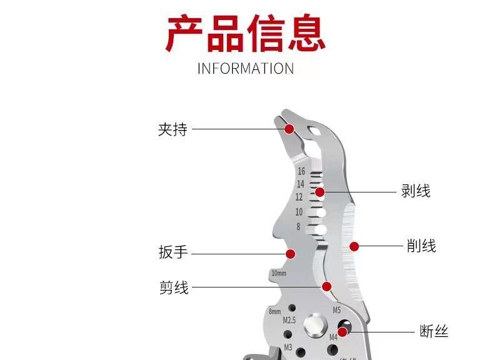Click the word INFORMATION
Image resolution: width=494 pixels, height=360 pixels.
point(246,68)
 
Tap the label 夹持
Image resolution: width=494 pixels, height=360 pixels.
point(173,129)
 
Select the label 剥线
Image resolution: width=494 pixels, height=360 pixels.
point(415,191)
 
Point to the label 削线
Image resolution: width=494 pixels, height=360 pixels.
point(421,246)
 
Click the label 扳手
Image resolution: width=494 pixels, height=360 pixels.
point(173,253)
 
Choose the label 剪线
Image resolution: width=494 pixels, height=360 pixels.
point(173,287)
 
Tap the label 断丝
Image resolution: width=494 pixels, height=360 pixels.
point(433,331)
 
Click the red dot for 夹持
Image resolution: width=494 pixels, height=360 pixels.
point(289,129)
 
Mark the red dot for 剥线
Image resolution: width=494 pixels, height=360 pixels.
point(320,192)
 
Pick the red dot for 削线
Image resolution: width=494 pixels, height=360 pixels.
point(354,246)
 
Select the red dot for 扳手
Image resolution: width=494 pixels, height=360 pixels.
point(290,254)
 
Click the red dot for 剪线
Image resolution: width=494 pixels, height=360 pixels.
point(326,287)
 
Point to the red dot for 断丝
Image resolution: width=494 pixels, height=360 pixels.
point(343,331)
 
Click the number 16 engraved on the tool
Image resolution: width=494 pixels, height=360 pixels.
point(301,171)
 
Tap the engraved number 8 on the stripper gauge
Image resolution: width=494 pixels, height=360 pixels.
point(298,227)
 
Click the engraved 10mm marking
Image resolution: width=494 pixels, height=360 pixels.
point(279,274)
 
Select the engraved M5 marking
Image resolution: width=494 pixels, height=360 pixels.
point(336,310)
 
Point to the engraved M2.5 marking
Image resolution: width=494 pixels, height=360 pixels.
point(289,320)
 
